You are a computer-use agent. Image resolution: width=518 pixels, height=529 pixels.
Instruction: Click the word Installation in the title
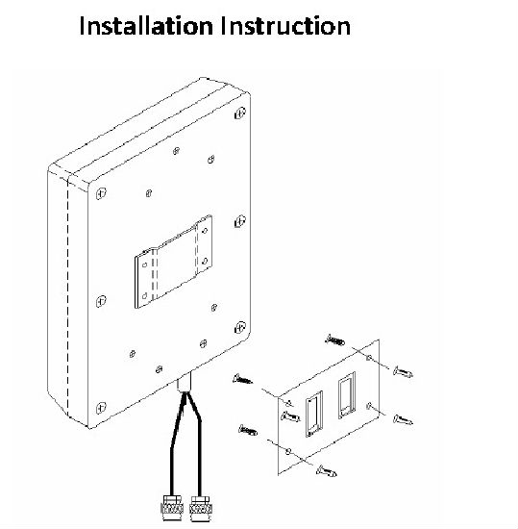pos(146,26)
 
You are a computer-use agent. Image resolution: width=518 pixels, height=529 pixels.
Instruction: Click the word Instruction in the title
pos(285,26)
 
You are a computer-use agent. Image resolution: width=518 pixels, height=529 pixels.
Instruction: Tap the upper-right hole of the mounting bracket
pos(205,231)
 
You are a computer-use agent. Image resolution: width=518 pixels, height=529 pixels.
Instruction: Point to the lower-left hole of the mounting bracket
pos(144,296)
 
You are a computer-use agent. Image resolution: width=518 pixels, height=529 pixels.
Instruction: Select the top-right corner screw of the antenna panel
pos(240,113)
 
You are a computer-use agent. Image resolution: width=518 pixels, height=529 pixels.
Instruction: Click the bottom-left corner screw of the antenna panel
pos(101,408)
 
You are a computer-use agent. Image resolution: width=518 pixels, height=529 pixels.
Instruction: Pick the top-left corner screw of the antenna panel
pos(101,193)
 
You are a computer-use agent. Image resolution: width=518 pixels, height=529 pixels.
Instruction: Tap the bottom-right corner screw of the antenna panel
pos(240,327)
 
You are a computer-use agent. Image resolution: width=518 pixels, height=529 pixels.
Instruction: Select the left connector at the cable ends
pos(172,509)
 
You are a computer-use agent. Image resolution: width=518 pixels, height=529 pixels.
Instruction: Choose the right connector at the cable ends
pos(201,509)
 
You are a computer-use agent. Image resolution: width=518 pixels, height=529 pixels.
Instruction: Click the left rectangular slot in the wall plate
pos(313,415)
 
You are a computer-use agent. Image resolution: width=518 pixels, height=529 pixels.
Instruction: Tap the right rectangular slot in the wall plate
pos(347,394)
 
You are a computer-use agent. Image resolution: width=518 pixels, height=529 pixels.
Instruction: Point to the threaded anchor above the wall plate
pos(335,340)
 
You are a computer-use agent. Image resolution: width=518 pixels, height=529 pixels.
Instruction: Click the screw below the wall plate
pos(326,470)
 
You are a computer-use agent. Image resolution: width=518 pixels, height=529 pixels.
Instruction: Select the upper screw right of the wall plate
pos(403,372)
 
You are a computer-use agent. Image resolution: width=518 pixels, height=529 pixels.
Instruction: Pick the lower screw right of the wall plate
pos(403,420)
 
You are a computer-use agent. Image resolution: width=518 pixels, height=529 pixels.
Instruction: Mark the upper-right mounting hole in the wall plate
pos(369,358)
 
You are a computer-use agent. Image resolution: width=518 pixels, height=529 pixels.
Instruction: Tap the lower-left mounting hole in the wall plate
pos(287,451)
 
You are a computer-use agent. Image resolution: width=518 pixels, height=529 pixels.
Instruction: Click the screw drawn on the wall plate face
pos(290,416)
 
